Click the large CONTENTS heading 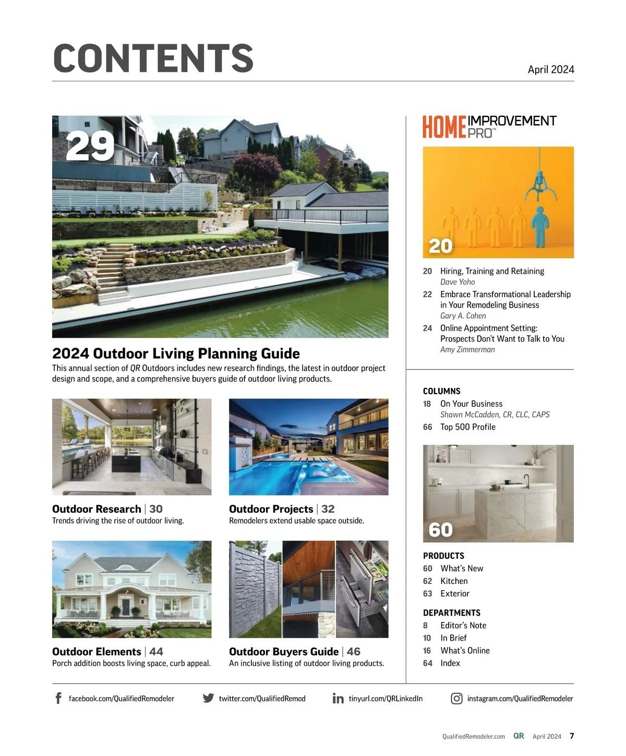[153, 58]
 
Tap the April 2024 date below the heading [550, 70]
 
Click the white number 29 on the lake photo [90, 147]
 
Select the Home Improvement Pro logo [489, 127]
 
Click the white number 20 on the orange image [440, 246]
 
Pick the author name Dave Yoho [458, 282]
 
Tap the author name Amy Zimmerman [467, 350]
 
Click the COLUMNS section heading [441, 391]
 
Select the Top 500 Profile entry [467, 427]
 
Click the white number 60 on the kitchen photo [440, 530]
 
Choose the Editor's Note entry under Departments [463, 626]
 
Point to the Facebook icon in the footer [58, 698]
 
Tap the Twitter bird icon [208, 698]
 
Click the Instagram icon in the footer [456, 699]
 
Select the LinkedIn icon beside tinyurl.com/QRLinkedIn [338, 699]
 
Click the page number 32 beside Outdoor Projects [328, 509]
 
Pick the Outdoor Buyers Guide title [283, 652]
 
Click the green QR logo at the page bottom [519, 736]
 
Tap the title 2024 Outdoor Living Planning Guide [176, 353]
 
